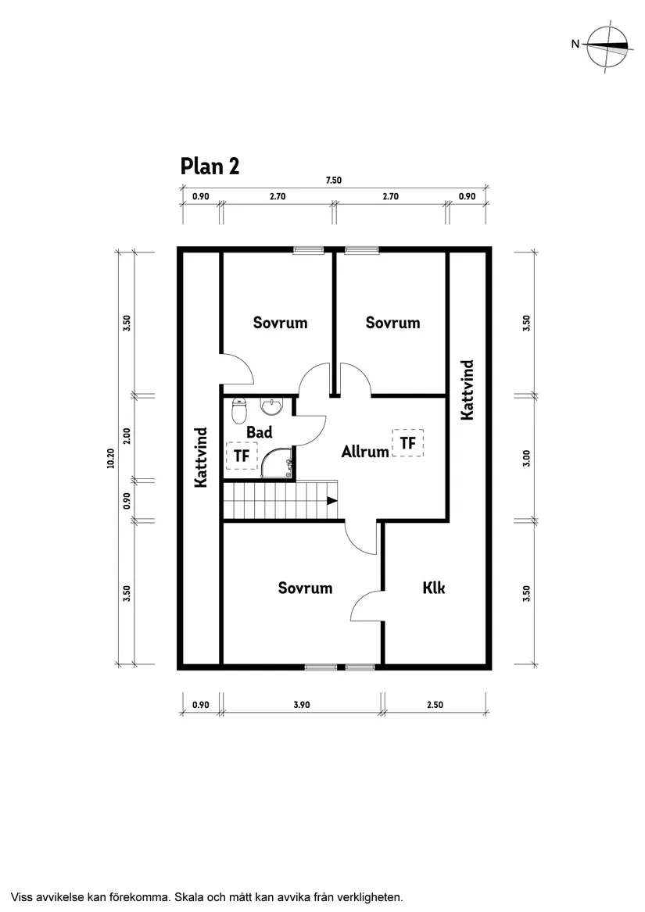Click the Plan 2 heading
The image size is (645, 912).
click(x=210, y=166)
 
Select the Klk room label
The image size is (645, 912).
click(x=434, y=588)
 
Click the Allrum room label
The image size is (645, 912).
click(x=365, y=452)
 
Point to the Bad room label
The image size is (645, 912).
click(x=259, y=432)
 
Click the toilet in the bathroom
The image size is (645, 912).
click(x=239, y=410)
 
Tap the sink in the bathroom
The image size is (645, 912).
click(x=271, y=406)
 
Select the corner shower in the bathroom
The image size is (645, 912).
click(x=277, y=463)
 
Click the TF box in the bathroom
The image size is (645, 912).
click(x=242, y=456)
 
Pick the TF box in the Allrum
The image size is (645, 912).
click(x=408, y=443)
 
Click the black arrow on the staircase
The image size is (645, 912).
click(x=332, y=500)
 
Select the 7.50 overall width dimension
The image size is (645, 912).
click(x=334, y=181)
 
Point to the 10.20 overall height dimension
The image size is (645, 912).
click(x=110, y=459)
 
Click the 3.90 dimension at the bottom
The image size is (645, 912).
click(x=302, y=705)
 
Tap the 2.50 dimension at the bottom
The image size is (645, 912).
click(x=435, y=705)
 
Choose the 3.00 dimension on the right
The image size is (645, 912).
click(x=527, y=458)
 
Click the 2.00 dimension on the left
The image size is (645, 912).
click(x=127, y=435)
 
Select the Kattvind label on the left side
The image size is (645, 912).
click(x=200, y=457)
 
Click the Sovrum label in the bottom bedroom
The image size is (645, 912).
click(x=305, y=588)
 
